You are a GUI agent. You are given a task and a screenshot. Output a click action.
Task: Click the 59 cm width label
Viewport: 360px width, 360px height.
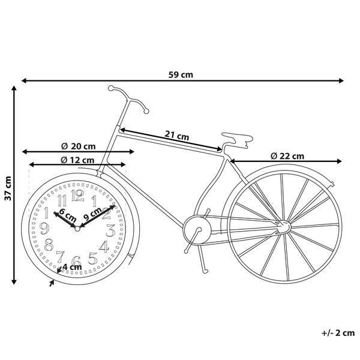click(181, 75)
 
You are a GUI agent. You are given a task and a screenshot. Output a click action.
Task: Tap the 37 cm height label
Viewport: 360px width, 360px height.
click(8, 187)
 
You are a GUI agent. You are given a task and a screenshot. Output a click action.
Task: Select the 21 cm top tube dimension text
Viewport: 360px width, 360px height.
click(177, 136)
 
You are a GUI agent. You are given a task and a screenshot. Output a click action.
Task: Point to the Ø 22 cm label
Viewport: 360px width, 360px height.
click(287, 156)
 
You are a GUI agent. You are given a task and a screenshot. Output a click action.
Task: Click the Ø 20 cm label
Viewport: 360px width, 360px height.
click(79, 146)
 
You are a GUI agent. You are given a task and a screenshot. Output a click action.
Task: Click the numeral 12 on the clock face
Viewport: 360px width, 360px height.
click(77, 195)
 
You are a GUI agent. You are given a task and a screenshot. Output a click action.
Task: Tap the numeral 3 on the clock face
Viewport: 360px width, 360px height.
click(110, 230)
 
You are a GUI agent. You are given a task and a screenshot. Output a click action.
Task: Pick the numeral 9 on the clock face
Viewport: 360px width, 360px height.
click(43, 228)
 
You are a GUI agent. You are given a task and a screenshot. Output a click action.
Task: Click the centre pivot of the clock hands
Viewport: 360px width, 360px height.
click(77, 228)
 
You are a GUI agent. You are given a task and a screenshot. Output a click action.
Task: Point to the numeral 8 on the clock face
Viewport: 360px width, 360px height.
click(49, 244)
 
